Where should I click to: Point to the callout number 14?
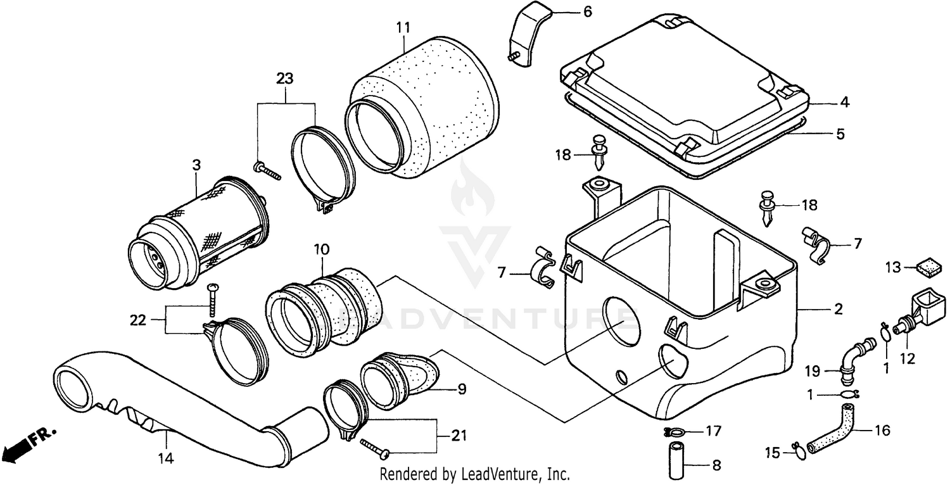click(x=166, y=457)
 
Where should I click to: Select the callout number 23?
click(x=284, y=79)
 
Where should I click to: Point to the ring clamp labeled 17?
click(x=676, y=433)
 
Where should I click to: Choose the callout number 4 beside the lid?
click(x=844, y=102)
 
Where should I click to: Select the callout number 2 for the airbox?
click(x=837, y=310)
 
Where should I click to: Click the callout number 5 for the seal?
click(x=840, y=134)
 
